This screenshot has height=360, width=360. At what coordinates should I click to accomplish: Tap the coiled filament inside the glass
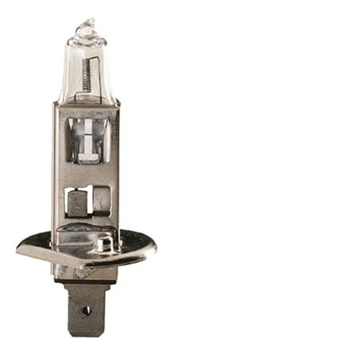[86, 74]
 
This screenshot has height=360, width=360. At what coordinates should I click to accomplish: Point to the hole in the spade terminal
[86, 310]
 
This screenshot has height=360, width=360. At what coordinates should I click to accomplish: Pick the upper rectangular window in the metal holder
[86, 140]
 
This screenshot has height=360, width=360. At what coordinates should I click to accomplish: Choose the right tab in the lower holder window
[101, 200]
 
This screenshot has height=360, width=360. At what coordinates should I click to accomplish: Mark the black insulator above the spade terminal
[86, 280]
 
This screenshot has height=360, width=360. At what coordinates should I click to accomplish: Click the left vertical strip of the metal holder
[58, 176]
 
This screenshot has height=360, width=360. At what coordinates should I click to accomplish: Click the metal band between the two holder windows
[86, 174]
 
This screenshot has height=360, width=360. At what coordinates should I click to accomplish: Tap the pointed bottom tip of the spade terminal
[86, 334]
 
